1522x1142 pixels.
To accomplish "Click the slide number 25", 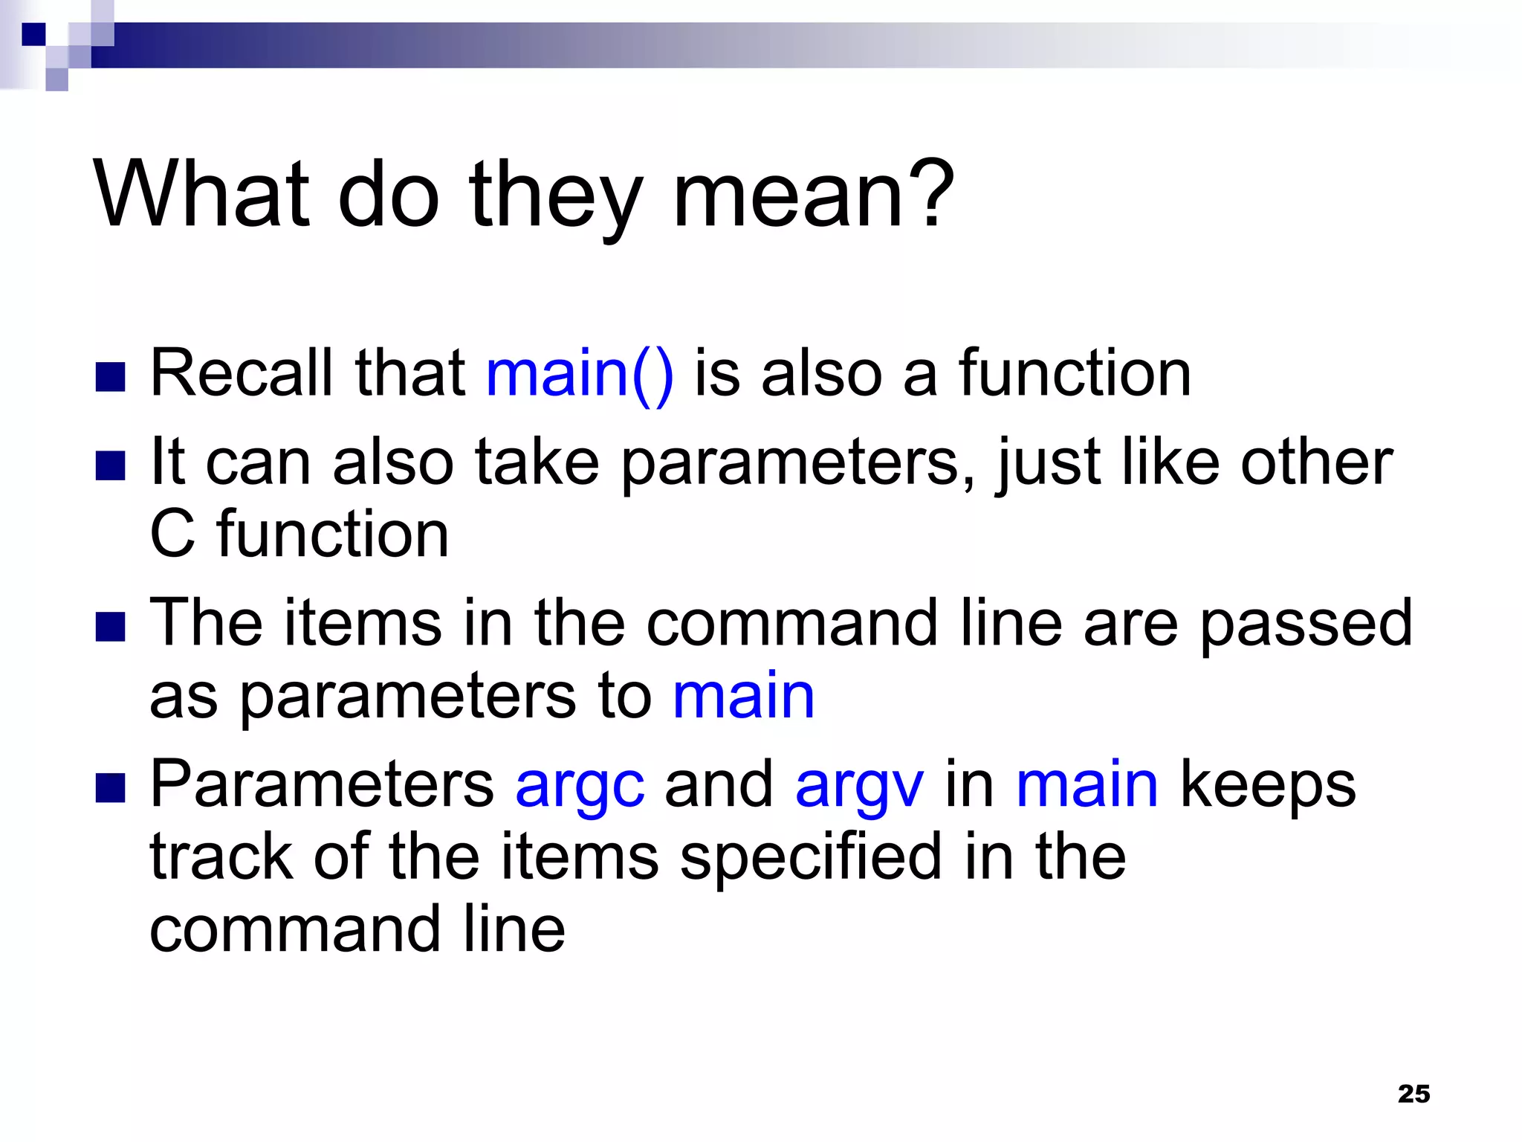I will pos(1413,1094).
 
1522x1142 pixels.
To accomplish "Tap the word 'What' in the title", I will pos(201,195).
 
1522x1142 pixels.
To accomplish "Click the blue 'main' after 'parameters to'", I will pos(743,697).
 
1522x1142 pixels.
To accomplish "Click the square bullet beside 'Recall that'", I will pos(110,377).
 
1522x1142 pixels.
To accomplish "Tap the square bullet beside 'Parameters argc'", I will pos(110,789).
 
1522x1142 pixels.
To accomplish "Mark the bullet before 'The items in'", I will pos(110,627).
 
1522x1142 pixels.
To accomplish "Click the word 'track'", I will pos(221,857).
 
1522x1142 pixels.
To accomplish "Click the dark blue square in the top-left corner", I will pos(33,34).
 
